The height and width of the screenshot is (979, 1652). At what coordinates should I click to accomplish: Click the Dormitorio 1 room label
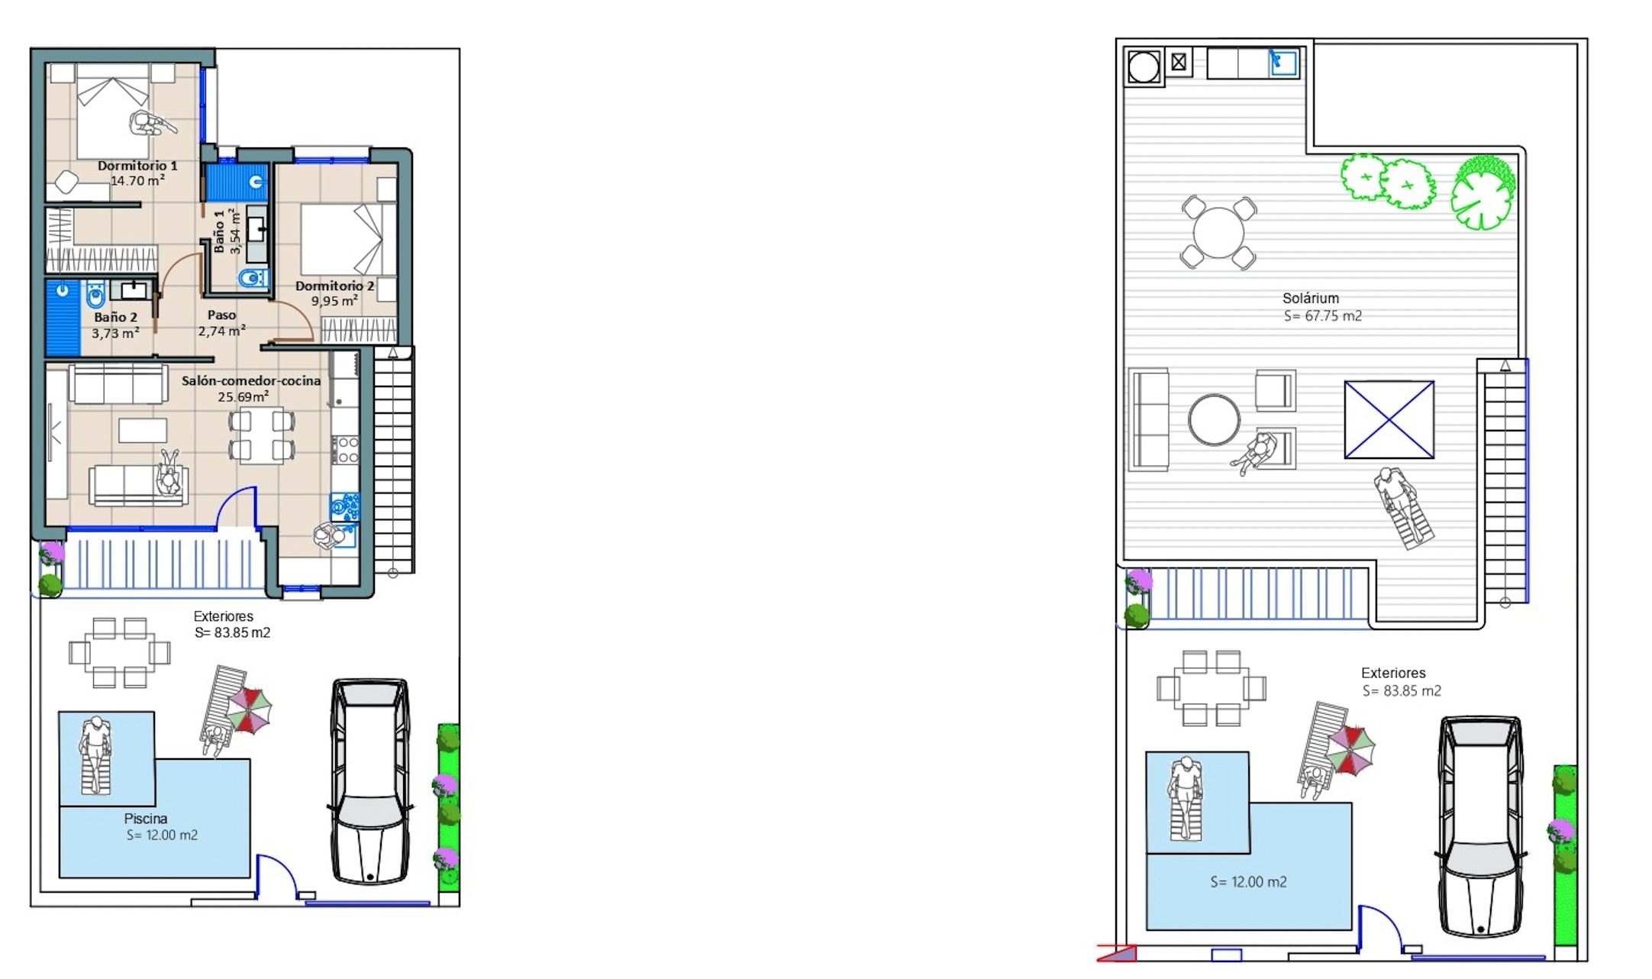click(137, 166)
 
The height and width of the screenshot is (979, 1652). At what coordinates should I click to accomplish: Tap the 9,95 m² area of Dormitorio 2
click(334, 301)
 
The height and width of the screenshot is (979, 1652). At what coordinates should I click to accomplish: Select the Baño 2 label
click(115, 317)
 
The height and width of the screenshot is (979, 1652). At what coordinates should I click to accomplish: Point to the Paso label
click(221, 315)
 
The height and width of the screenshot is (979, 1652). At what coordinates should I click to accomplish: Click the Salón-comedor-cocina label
click(251, 380)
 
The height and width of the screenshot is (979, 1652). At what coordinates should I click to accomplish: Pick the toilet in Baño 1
click(253, 277)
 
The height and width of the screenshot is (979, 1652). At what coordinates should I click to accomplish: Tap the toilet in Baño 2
click(95, 294)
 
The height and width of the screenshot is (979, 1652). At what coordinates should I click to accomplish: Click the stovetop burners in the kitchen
click(344, 450)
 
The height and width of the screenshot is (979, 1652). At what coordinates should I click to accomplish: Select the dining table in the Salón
click(262, 435)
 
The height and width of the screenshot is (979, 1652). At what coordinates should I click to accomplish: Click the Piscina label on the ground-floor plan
click(145, 819)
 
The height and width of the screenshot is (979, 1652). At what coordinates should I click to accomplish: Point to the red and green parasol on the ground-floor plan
click(249, 710)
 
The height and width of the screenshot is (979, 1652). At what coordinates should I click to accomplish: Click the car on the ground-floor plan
click(370, 781)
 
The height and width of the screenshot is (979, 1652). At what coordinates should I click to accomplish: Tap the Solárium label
click(1310, 299)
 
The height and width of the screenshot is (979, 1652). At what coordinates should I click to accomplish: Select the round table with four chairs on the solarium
click(1218, 232)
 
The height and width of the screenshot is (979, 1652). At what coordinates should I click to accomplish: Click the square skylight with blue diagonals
click(1389, 420)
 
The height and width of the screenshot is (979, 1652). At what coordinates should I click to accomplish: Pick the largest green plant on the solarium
click(1483, 193)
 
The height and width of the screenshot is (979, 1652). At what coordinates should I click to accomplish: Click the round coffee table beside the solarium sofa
click(1214, 419)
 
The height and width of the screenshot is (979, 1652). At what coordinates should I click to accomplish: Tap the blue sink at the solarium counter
click(1283, 63)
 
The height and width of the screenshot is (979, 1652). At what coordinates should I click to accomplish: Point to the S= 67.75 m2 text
click(1322, 316)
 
